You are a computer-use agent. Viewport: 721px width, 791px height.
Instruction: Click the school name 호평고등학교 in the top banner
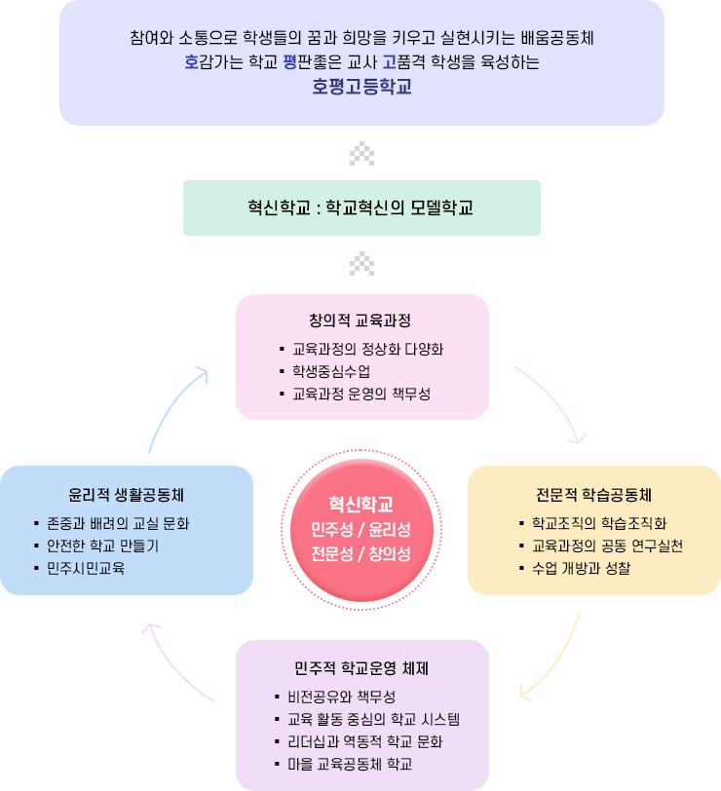click(361, 87)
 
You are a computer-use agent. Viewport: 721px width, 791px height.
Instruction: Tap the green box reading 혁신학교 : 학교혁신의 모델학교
click(361, 207)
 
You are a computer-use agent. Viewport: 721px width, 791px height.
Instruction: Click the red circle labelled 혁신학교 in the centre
click(361, 530)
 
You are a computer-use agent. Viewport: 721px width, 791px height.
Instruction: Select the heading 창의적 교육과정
click(360, 320)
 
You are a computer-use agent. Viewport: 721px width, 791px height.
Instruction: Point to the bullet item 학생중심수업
click(331, 372)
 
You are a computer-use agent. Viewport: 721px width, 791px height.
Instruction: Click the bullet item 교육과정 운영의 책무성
click(361, 394)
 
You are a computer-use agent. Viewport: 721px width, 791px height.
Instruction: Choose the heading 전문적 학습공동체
click(594, 495)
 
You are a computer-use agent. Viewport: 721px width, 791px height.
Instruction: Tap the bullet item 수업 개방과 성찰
click(582, 569)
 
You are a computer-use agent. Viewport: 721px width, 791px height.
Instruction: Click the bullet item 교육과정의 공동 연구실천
click(607, 546)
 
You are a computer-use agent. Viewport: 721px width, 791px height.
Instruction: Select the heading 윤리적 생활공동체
click(126, 495)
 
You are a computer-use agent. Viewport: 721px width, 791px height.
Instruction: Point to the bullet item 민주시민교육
click(86, 569)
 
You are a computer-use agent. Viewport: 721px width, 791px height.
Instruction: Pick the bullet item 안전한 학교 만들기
click(103, 546)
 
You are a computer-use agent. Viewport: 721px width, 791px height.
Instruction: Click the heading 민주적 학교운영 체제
click(361, 668)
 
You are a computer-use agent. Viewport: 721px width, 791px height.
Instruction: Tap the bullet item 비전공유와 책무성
click(342, 697)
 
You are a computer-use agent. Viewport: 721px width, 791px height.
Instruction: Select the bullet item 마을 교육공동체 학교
click(350, 765)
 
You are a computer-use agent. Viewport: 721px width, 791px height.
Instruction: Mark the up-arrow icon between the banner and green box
click(361, 154)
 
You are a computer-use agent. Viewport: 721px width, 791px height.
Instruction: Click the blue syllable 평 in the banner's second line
click(289, 62)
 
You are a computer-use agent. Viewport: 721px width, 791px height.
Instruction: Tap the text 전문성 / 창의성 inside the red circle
click(360, 554)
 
